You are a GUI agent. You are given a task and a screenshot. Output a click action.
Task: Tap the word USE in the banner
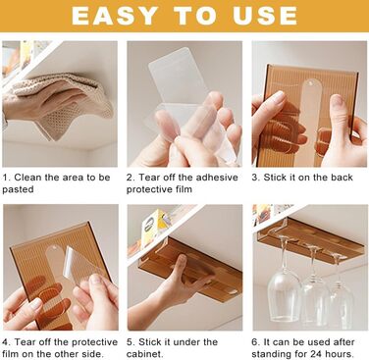265,16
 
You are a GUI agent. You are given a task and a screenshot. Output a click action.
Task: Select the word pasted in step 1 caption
18,189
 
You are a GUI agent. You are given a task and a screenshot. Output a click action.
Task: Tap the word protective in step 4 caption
94,342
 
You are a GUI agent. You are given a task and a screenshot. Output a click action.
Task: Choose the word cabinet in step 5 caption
143,354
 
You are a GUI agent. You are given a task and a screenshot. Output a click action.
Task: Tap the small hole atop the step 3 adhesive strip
310,84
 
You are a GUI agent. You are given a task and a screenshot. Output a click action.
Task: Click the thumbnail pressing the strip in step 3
337,100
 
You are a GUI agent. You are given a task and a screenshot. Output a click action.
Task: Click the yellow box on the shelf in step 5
155,226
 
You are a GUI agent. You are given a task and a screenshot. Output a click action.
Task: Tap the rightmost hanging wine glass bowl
342,301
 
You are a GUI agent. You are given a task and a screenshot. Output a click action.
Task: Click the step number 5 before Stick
130,342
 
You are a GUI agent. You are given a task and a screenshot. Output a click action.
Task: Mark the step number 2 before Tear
130,178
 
